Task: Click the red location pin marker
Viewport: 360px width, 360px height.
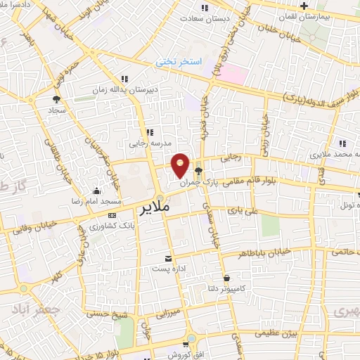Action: coord(181,165)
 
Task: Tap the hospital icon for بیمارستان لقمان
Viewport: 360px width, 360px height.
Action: coord(303,7)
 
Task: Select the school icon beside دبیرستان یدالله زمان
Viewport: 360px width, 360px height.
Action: coord(124,79)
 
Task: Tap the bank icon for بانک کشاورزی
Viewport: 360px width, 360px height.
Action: coord(112,214)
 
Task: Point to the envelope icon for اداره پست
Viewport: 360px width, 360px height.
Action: coord(167,258)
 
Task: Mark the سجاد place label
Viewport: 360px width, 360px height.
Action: coord(35,111)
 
